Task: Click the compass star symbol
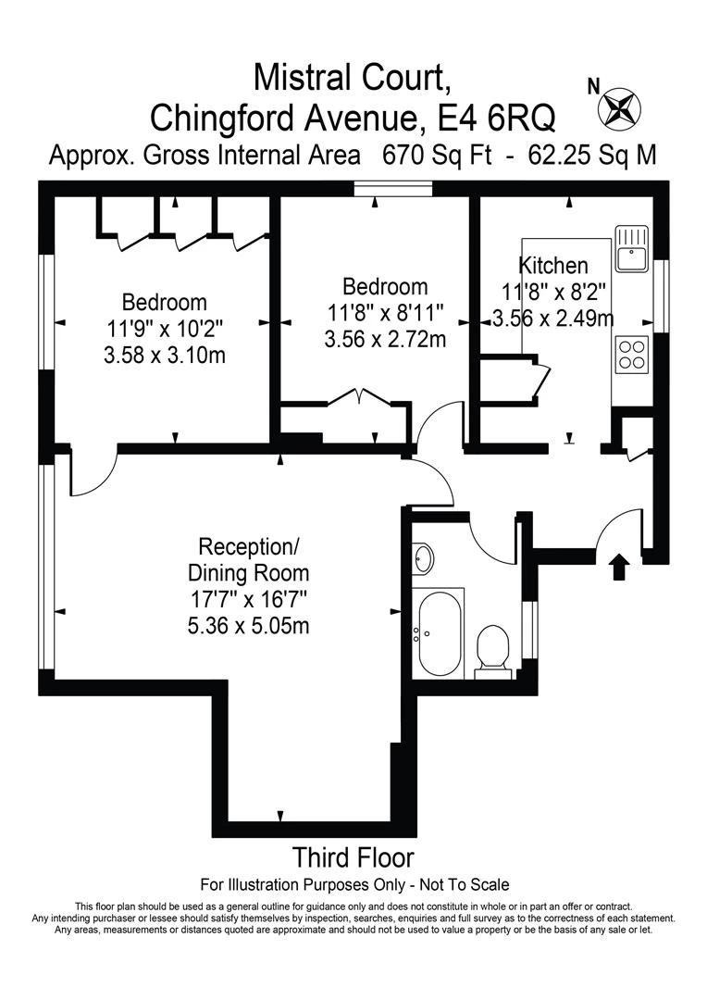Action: point(619,106)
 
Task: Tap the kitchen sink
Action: point(632,247)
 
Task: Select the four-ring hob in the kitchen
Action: point(632,354)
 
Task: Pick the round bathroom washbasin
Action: point(422,558)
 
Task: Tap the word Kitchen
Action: point(553,265)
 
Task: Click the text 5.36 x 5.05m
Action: point(249,626)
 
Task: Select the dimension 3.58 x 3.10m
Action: point(165,355)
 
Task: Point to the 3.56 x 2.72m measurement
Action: point(385,339)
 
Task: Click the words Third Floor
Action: point(353,857)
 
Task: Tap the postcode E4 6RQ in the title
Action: point(496,117)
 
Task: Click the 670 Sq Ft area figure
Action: point(437,155)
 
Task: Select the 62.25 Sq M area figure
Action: point(592,155)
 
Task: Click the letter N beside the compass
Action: point(593,86)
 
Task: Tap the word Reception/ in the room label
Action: point(249,546)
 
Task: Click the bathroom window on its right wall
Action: point(528,630)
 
